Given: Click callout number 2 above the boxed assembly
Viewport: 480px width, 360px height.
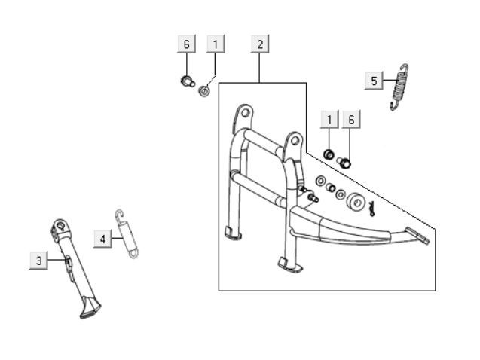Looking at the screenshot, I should [x=260, y=44].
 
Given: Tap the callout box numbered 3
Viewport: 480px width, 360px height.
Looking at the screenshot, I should [x=38, y=261].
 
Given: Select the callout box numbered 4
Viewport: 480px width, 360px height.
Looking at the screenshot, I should [x=103, y=239].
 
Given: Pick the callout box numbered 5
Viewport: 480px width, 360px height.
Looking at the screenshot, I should [x=375, y=81].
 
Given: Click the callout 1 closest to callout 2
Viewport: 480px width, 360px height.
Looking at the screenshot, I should [x=215, y=44].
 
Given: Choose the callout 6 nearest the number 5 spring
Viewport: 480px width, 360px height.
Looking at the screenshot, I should [x=350, y=119].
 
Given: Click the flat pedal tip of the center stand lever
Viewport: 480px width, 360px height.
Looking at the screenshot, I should [x=420, y=234].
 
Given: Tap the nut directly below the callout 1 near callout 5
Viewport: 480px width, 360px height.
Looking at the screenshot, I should [x=329, y=154].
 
